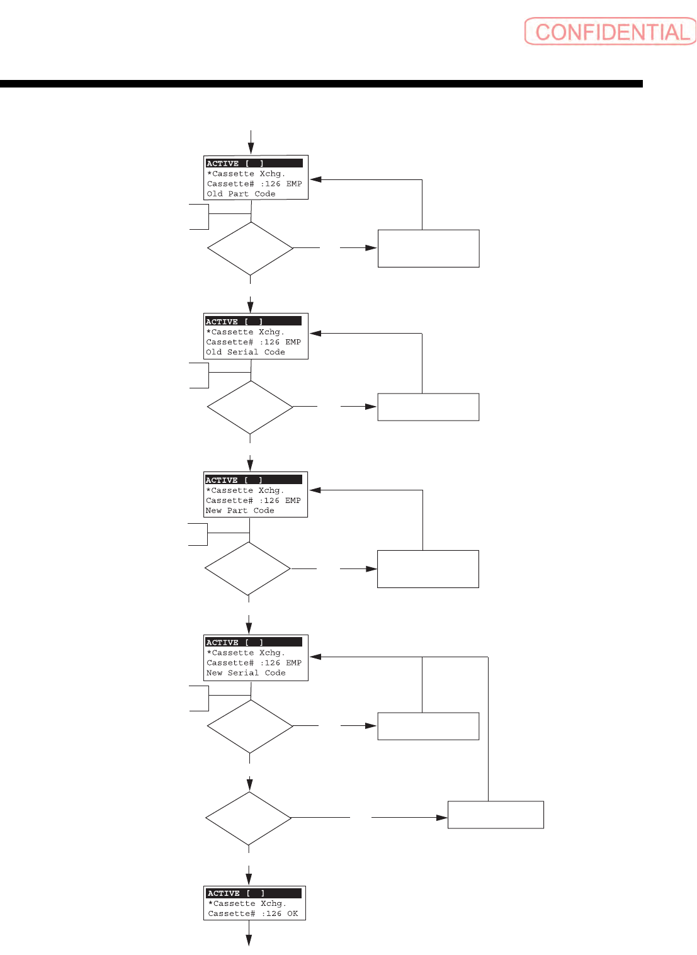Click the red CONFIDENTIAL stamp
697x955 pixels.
pyautogui.click(x=610, y=31)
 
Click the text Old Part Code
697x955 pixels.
pyautogui.click(x=241, y=194)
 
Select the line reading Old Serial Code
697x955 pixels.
pyautogui.click(x=246, y=353)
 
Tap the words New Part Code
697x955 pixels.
pyautogui.click(x=240, y=511)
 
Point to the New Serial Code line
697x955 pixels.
pyautogui.click(x=246, y=673)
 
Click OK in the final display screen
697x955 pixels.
pyautogui.click(x=293, y=913)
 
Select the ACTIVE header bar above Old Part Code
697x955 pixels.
pyautogui.click(x=254, y=163)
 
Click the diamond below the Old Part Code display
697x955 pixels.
pyautogui.click(x=251, y=248)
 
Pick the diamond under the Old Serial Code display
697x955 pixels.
pyautogui.click(x=250, y=407)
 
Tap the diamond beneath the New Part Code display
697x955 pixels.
pyautogui.click(x=247, y=568)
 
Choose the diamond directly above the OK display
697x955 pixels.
pyautogui.click(x=249, y=818)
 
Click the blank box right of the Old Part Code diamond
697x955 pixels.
pyautogui.click(x=428, y=249)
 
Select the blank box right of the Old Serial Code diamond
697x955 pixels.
pyautogui.click(x=428, y=407)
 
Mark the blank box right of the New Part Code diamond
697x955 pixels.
pyautogui.click(x=428, y=569)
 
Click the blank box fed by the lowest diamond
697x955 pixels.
pyautogui.click(x=496, y=815)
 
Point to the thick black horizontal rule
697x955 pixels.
pyautogui.click(x=321, y=84)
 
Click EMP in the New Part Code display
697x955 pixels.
pyautogui.click(x=293, y=500)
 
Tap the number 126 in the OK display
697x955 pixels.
pyautogui.click(x=274, y=913)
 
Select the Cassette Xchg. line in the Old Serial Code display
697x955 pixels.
pyautogui.click(x=246, y=332)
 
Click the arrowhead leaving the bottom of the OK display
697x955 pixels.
pyautogui.click(x=249, y=940)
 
